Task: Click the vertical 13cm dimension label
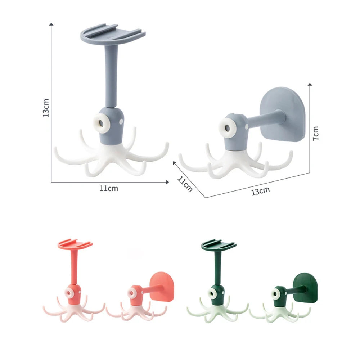pyautogui.click(x=46, y=108)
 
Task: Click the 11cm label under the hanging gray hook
pyautogui.click(x=109, y=189)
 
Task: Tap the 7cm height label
pyautogui.click(x=316, y=133)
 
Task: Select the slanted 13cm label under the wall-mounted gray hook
pyautogui.click(x=260, y=191)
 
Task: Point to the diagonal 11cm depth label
pyautogui.click(x=185, y=184)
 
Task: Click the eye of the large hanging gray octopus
pyautogui.click(x=101, y=123)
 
